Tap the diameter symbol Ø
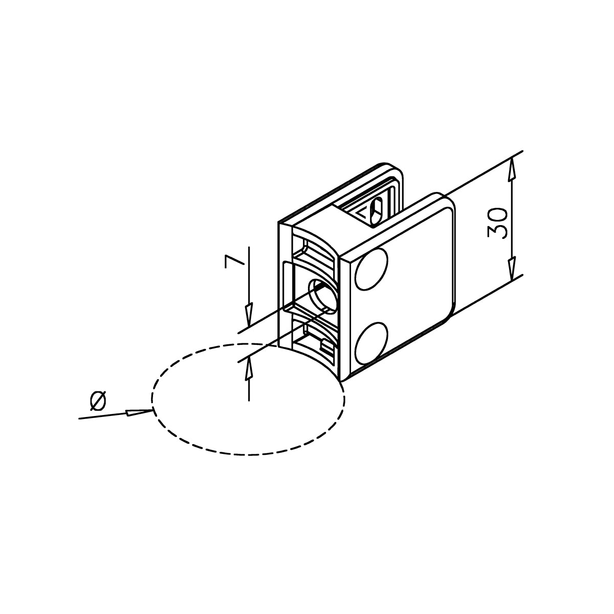coord(98,400)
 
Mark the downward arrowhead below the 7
coord(249,315)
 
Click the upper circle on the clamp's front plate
coord(371,270)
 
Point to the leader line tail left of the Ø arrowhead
coord(102,416)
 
